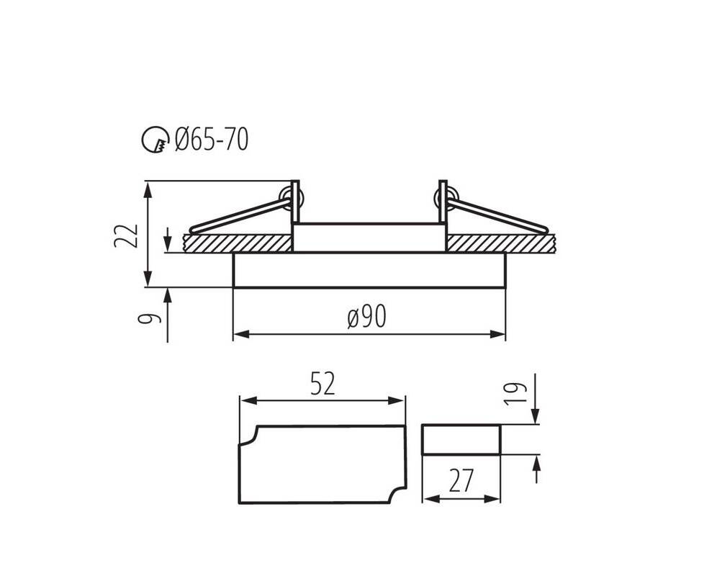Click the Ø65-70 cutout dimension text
[212, 139]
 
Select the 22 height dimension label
[125, 235]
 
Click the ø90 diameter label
[367, 317]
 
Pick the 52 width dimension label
[322, 384]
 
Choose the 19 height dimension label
[515, 394]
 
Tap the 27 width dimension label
[461, 480]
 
